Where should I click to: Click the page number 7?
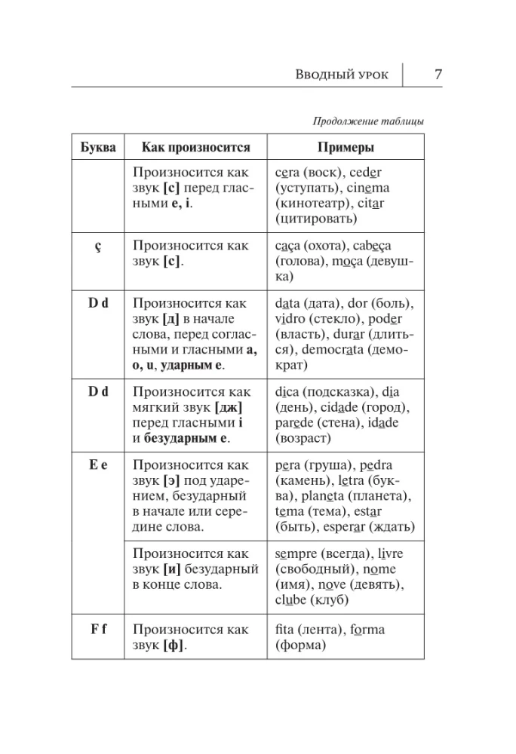438,75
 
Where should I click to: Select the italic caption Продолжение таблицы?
367,121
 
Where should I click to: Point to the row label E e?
98,465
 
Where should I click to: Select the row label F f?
98,629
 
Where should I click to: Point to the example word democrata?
359,351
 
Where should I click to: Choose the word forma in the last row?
365,629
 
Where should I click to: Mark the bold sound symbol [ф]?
174,645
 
